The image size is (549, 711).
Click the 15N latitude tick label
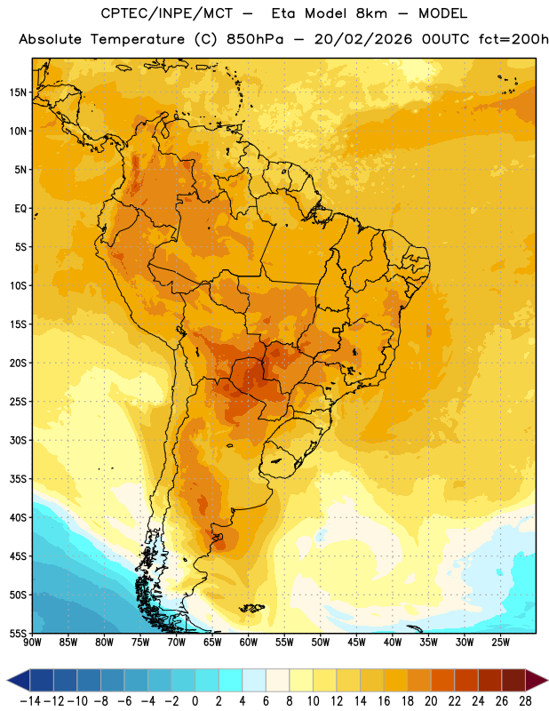point(18,92)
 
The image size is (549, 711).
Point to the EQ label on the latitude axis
point(20,209)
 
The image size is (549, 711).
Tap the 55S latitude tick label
point(18,633)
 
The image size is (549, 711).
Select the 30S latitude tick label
point(18,440)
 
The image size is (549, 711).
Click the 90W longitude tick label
point(32,642)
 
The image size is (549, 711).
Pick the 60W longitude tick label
point(249,642)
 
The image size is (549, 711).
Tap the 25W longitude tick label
point(500,642)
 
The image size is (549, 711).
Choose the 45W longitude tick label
point(356,642)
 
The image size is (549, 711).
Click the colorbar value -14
point(30,701)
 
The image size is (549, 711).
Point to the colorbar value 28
point(525,701)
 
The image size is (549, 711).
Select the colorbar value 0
point(195,701)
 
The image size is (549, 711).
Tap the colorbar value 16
point(384,701)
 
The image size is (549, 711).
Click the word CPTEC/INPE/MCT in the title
point(167,13)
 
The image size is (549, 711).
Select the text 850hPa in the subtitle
point(255,39)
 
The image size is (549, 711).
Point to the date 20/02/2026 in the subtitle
point(363,39)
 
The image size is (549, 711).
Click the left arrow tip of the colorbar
point(7,680)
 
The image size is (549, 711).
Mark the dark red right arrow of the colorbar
point(537,680)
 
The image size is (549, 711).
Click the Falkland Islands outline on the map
point(252,608)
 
